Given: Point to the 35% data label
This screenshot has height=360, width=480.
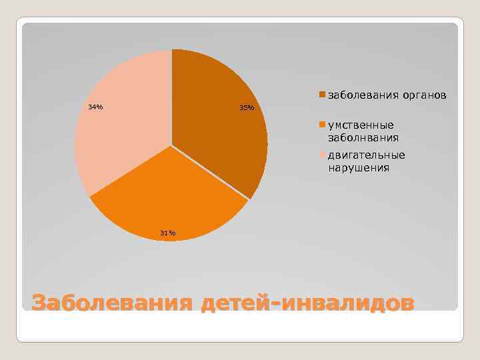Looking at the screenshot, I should coord(247,108).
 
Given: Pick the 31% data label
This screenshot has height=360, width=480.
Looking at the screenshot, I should coord(167,233).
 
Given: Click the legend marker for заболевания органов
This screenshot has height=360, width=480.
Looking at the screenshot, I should coord(322,95).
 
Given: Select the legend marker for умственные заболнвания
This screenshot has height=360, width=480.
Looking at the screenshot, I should coord(322,125).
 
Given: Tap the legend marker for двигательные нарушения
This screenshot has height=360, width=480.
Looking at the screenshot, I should coord(322,155).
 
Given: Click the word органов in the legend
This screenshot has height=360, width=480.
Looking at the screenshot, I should coord(423,95).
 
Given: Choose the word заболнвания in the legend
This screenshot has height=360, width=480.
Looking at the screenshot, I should coord(363,138).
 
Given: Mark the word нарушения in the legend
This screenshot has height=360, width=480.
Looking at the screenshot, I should coord(358,169).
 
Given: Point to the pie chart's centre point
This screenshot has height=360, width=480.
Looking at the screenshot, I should coord(171,145).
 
